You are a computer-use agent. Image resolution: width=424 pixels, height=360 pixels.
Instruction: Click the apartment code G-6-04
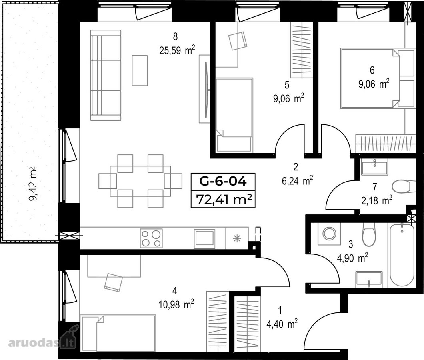coord(223,181)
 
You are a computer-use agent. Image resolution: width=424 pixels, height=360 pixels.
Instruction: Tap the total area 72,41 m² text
coord(224,200)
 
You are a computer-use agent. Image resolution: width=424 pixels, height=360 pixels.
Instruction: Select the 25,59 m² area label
coord(177,50)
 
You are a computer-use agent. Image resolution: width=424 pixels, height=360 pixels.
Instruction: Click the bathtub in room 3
coord(402,255)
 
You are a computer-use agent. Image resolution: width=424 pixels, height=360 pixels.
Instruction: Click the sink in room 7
coord(374,167)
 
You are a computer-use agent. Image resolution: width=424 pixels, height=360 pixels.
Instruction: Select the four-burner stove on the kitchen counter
coord(151,238)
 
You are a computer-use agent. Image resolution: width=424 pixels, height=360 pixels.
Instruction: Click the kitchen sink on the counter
coord(204,238)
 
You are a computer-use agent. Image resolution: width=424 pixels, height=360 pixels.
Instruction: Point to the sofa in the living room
coord(106,75)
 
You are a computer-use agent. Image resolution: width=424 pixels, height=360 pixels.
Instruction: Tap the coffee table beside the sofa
coord(140,70)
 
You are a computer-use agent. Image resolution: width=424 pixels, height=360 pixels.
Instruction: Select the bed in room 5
coord(234,115)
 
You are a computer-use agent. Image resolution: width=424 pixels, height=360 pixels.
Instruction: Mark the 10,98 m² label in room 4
coord(176,304)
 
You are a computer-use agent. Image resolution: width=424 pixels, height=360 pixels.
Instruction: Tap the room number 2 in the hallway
coord(296,167)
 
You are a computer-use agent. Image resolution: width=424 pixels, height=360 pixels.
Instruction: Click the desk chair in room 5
coord(238,41)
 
